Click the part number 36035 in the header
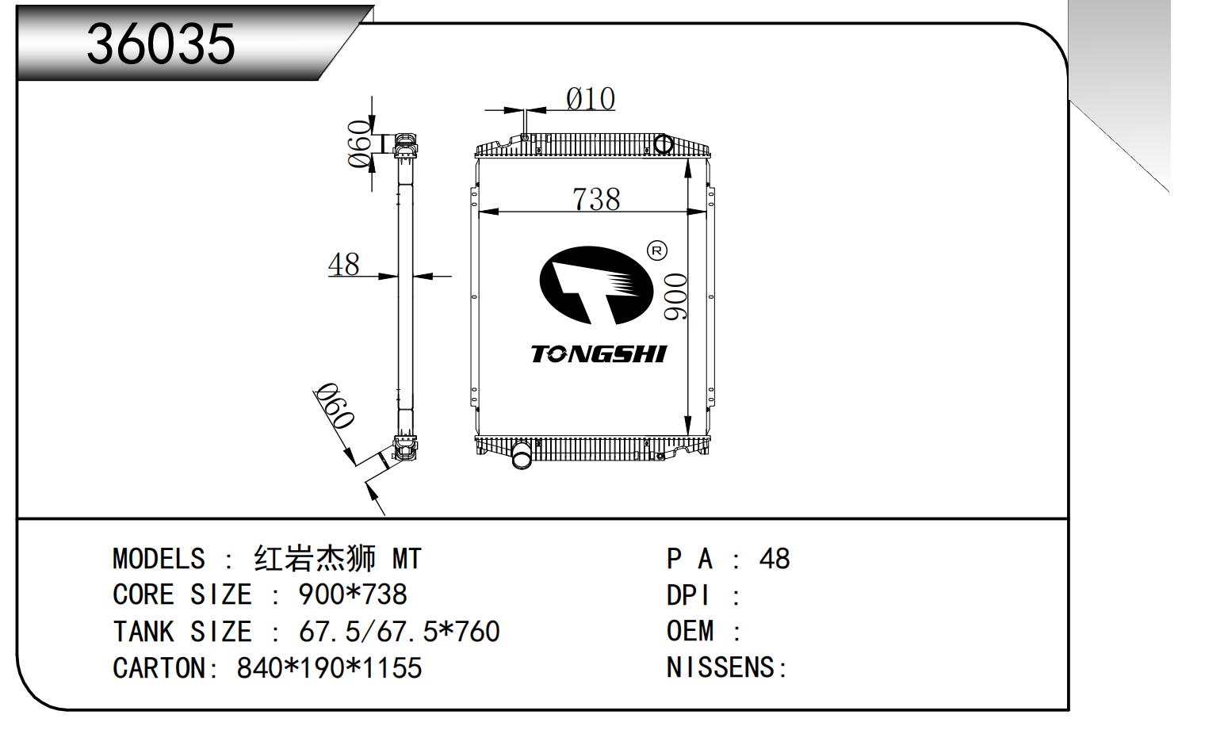[x=161, y=43]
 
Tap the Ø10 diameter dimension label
[x=590, y=99]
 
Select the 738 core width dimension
[x=596, y=199]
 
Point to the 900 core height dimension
[x=675, y=296]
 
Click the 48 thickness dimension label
[x=343, y=264]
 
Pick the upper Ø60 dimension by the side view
[x=360, y=143]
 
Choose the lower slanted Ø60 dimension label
[x=333, y=405]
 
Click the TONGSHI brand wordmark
[x=599, y=354]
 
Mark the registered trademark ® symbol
[x=657, y=251]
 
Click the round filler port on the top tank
[x=663, y=144]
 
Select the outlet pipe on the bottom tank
[x=522, y=457]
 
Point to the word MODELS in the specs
[x=159, y=559]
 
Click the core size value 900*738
[x=353, y=594]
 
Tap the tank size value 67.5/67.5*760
[x=399, y=632]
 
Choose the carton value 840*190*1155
[x=329, y=668]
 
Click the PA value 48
[x=774, y=559]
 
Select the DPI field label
[x=688, y=595]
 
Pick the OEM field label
[x=690, y=632]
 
